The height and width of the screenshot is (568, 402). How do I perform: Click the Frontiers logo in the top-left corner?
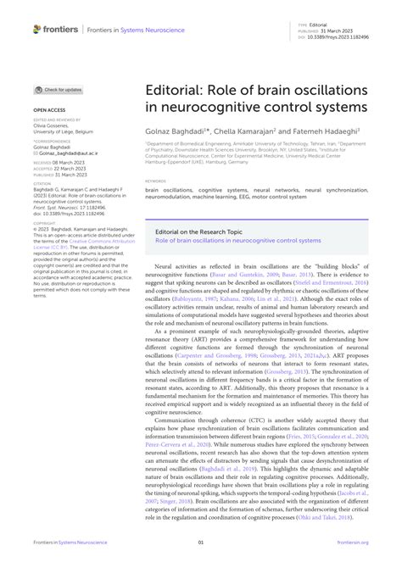click(x=53, y=30)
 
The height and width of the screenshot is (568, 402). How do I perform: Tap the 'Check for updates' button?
click(x=59, y=89)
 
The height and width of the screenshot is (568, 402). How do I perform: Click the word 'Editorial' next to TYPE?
click(x=329, y=26)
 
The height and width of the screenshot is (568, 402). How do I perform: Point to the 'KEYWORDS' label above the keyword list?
click(x=156, y=181)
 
